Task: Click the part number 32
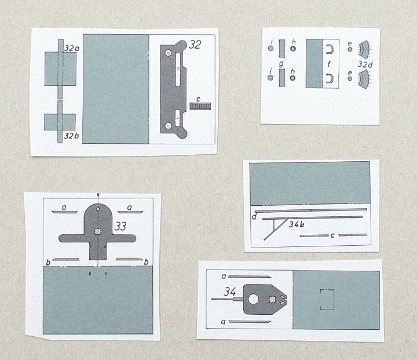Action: [195, 45]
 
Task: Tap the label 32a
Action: [72, 48]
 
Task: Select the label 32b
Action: [72, 136]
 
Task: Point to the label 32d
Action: [365, 64]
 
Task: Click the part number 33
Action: [120, 226]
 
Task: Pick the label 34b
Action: [297, 224]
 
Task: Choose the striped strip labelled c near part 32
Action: [200, 107]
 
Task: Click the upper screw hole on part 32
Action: [168, 53]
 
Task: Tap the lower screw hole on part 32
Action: [168, 125]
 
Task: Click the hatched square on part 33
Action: [98, 231]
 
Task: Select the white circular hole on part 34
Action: [253, 299]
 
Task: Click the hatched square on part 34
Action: [272, 300]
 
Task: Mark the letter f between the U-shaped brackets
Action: [329, 64]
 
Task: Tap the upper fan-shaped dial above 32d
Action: [364, 49]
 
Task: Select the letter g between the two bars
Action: [281, 64]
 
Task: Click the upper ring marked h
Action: [293, 49]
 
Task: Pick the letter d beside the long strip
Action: [254, 216]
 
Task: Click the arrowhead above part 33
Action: [98, 195]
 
